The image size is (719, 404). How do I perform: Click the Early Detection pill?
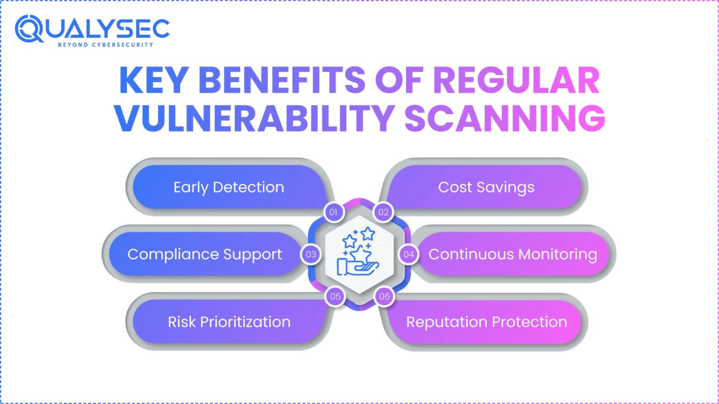[x=228, y=187]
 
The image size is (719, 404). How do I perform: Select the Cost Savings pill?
[x=486, y=187]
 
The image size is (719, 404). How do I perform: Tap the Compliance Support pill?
[x=205, y=254]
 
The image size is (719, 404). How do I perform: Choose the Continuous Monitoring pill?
[x=513, y=254]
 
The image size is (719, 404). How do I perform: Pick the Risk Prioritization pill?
[x=229, y=322]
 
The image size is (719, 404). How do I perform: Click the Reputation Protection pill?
[x=486, y=322]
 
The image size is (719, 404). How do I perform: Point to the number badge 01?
[x=333, y=212]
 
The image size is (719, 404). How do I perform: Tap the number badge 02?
[x=384, y=212]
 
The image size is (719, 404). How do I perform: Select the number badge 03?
[x=311, y=254]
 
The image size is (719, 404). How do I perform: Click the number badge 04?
[x=409, y=254]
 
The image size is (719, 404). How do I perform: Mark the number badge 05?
[x=335, y=296]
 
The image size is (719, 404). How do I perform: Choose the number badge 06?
[x=384, y=296]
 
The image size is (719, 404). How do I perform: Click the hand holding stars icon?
[x=359, y=252]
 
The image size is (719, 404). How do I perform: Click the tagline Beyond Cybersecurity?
[x=105, y=45]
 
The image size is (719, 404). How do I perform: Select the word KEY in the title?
[x=154, y=80]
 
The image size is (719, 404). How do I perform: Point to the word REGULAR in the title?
[x=516, y=80]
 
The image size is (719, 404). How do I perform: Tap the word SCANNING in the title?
[x=505, y=118]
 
